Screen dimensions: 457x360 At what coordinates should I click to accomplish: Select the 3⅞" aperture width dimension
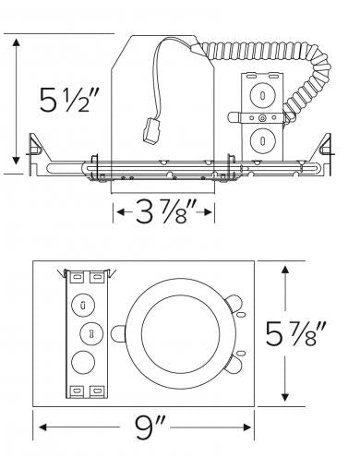tap(163, 215)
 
